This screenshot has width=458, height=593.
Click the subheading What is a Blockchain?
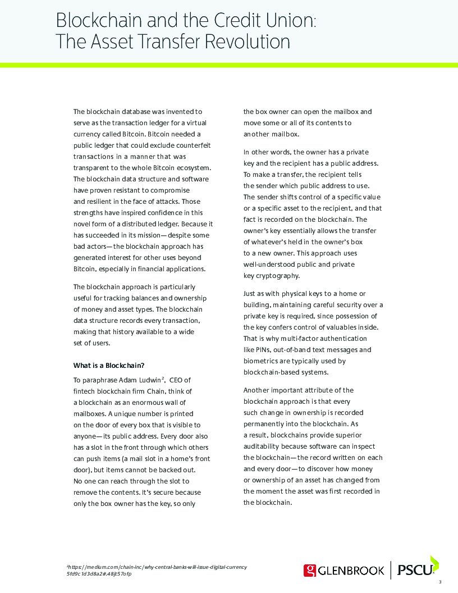coord(109,365)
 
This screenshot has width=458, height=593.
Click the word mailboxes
coord(90,414)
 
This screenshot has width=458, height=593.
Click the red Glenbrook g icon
coord(310,571)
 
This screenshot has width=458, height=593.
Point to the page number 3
coord(440,582)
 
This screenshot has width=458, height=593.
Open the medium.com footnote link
coord(157,567)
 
